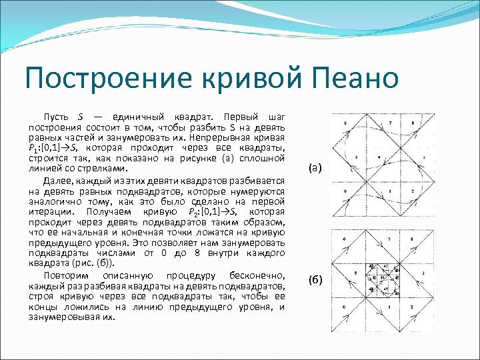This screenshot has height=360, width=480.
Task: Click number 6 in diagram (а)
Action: point(345,123)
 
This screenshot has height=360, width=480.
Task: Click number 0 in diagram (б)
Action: point(344,307)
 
